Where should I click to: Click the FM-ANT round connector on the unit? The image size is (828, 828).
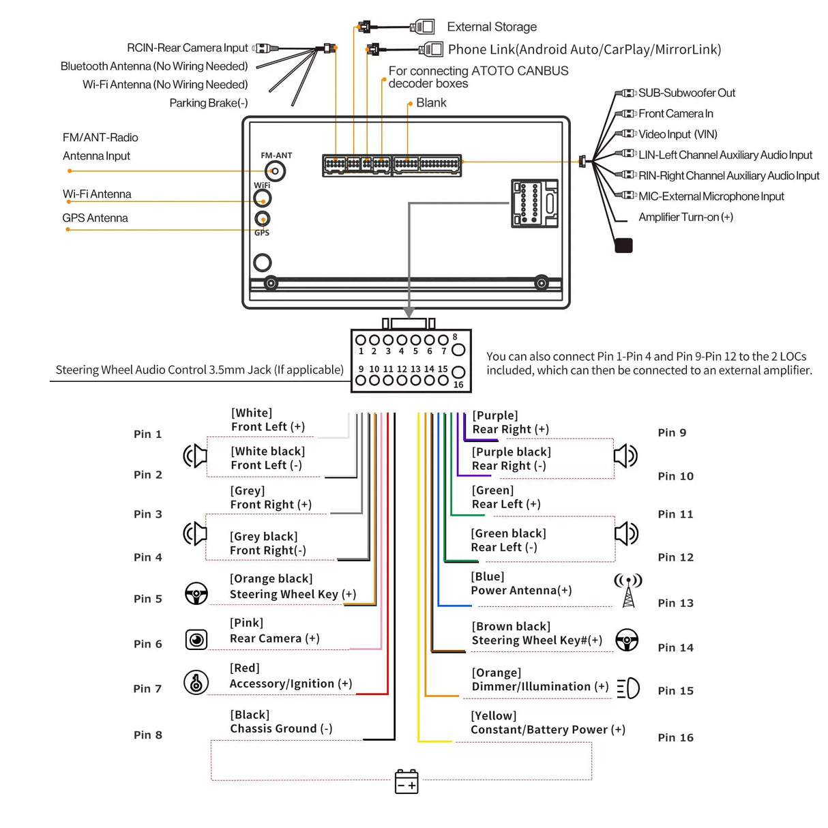[276, 171]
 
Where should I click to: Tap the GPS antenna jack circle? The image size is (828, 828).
[262, 219]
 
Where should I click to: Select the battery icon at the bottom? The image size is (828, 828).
[406, 782]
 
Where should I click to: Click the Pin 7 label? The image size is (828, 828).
[147, 689]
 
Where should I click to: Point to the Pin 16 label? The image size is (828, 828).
[675, 737]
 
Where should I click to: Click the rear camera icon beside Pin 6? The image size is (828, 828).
[196, 640]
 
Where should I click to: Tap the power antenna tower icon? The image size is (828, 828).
[628, 591]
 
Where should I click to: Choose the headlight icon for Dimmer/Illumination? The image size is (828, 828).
[628, 688]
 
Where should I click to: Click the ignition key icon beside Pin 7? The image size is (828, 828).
[196, 682]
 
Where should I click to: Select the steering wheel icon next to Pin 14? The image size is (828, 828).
[627, 640]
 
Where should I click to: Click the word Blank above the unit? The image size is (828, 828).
[431, 103]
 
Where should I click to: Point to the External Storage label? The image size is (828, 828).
[492, 27]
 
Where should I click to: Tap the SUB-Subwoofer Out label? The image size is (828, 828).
[686, 93]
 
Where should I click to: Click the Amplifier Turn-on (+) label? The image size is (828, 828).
[685, 217]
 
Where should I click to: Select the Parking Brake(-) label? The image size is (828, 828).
[209, 103]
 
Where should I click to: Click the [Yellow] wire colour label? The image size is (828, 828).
[494, 715]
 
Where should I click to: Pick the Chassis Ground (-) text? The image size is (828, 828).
[281, 728]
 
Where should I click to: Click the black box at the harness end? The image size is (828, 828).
[623, 246]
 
